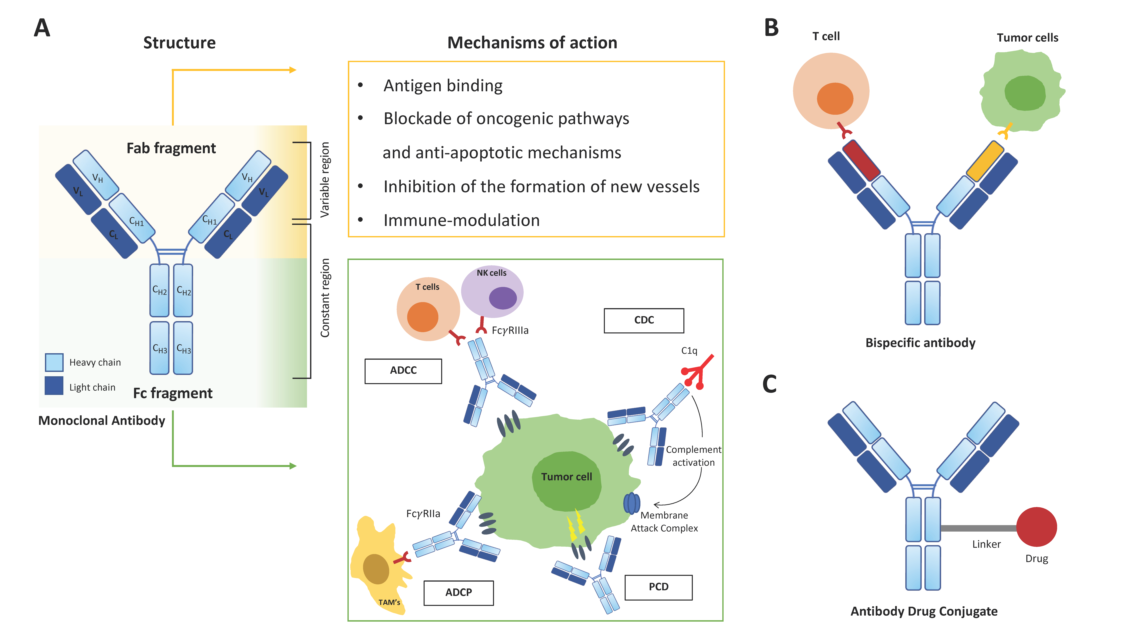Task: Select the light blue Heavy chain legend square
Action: pos(54,362)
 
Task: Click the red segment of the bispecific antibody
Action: pos(861,160)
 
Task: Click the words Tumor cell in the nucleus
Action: pos(566,477)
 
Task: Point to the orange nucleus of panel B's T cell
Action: pos(835,99)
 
